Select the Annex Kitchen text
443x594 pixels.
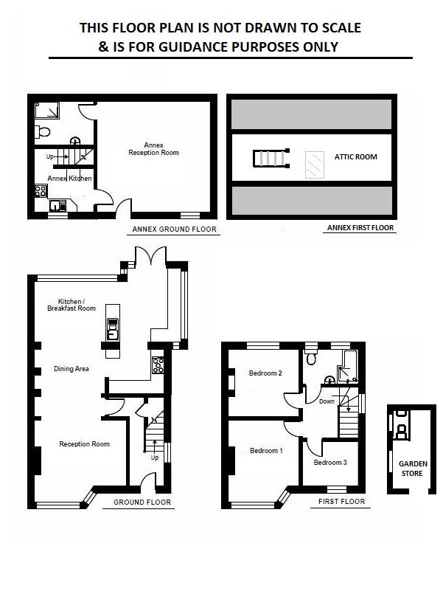[69, 179]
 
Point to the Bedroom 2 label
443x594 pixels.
[266, 373]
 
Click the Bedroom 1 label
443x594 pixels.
[265, 450]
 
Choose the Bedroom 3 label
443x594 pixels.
[329, 463]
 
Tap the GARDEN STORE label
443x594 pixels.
[411, 469]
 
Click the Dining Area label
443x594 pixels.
[71, 368]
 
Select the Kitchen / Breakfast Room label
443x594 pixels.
[77, 305]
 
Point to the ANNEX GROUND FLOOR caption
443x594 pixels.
[174, 229]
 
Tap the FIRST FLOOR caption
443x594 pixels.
[341, 502]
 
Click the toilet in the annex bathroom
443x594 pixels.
[43, 131]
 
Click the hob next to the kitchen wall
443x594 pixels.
[157, 364]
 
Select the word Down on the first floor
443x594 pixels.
[327, 401]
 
